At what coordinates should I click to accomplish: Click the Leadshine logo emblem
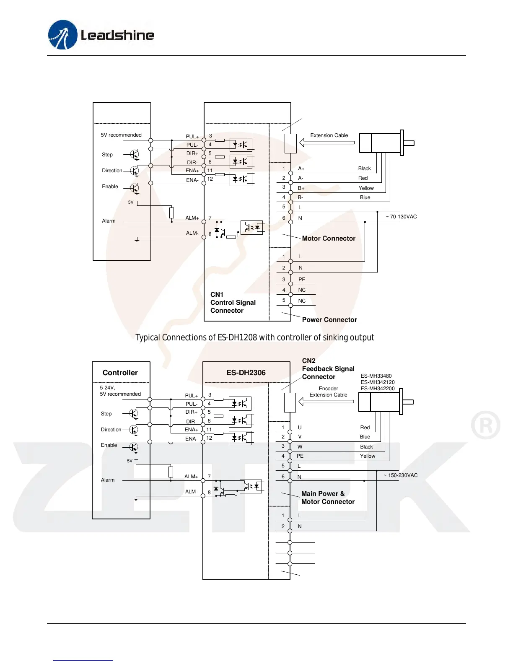pos(63,35)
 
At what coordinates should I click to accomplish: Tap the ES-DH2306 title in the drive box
pos(246,373)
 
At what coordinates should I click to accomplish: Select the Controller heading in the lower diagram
pos(120,373)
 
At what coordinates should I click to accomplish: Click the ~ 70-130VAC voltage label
pos(401,217)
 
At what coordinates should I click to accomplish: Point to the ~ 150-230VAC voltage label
pos(400,475)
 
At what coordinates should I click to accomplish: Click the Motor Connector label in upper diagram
pos(329,239)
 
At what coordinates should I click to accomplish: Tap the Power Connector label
pos(329,320)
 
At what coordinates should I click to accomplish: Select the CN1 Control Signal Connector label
pos(233,303)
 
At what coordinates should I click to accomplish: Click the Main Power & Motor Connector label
pos(328,498)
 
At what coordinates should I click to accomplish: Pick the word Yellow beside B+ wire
pos(366,188)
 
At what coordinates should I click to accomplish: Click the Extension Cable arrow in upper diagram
pos(327,143)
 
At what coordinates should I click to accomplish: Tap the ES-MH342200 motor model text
pos(378,389)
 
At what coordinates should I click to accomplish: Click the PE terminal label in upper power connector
pos(302,280)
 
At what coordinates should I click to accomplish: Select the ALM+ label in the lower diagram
pos(191,477)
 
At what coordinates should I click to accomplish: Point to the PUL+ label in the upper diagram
pos(192,137)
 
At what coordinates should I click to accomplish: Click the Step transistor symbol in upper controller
pos(135,155)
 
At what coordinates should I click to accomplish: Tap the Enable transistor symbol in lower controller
pos(134,447)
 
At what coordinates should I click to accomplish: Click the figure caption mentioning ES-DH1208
pos(254,338)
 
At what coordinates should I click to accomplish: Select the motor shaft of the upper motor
pos(409,143)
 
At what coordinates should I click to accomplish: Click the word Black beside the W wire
pos(366,447)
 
